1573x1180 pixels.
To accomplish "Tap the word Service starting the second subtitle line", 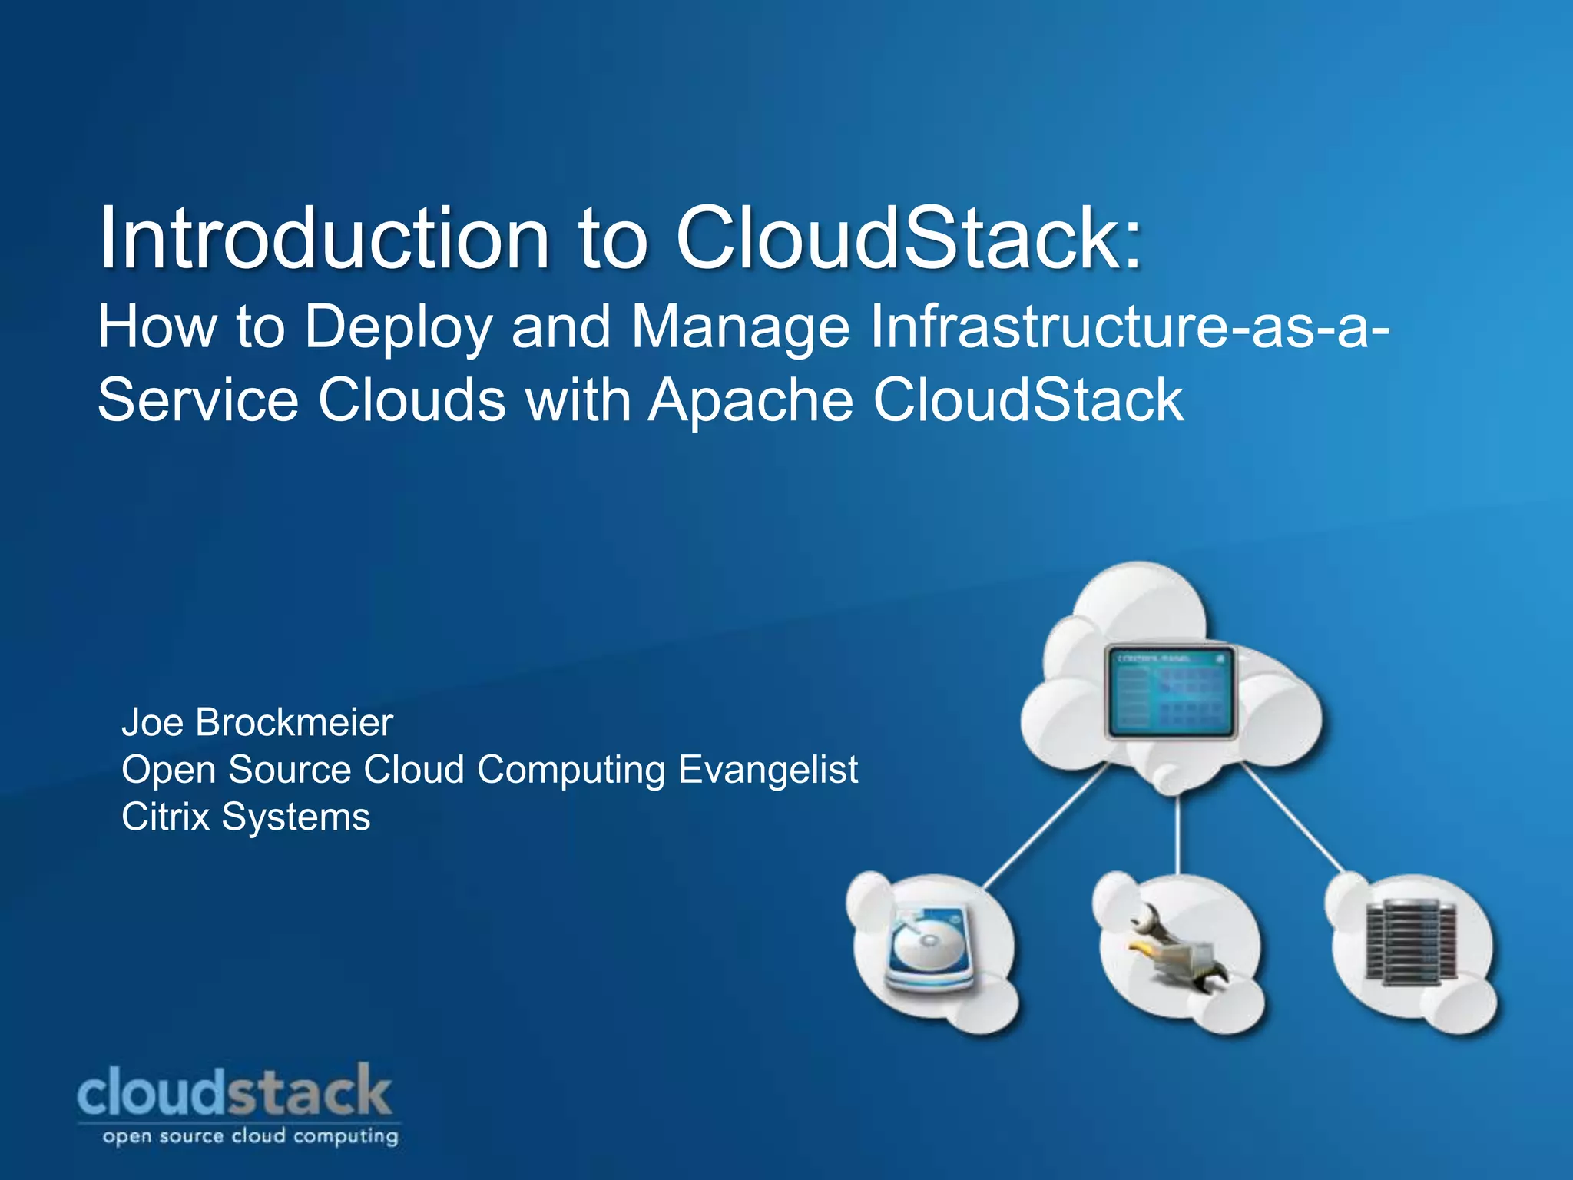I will (197, 400).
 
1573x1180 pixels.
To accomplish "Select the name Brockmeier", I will (294, 722).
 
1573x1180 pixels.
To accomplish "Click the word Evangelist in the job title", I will (768, 769).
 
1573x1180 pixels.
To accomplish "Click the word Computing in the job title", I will (571, 771).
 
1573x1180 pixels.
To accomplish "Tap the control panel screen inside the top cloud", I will (1170, 692).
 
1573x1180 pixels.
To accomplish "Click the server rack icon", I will (1412, 942).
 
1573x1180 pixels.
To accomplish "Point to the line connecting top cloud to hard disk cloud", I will (1045, 830).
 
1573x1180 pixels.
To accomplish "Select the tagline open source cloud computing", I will (250, 1136).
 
